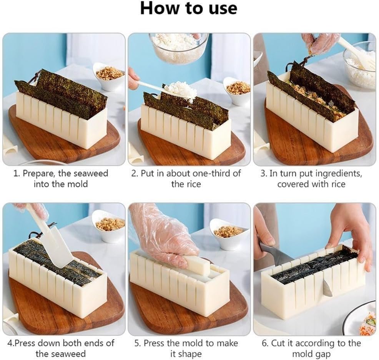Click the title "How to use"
(188, 9)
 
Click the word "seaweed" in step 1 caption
(91, 174)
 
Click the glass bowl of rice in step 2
(179, 48)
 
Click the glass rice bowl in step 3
(360, 65)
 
